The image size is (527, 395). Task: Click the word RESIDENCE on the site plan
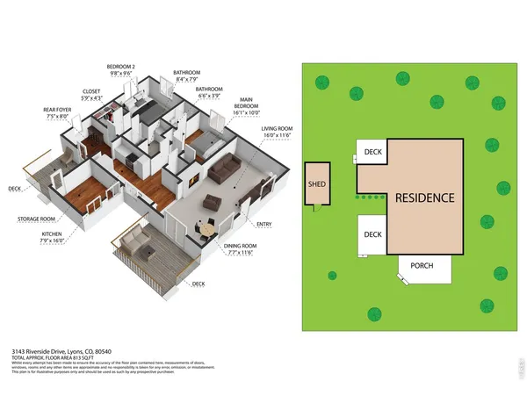tap(423, 197)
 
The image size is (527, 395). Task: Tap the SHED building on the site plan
tap(315, 185)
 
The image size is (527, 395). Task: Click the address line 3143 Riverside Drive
tap(54, 350)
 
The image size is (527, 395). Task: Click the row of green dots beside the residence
tap(369, 197)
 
